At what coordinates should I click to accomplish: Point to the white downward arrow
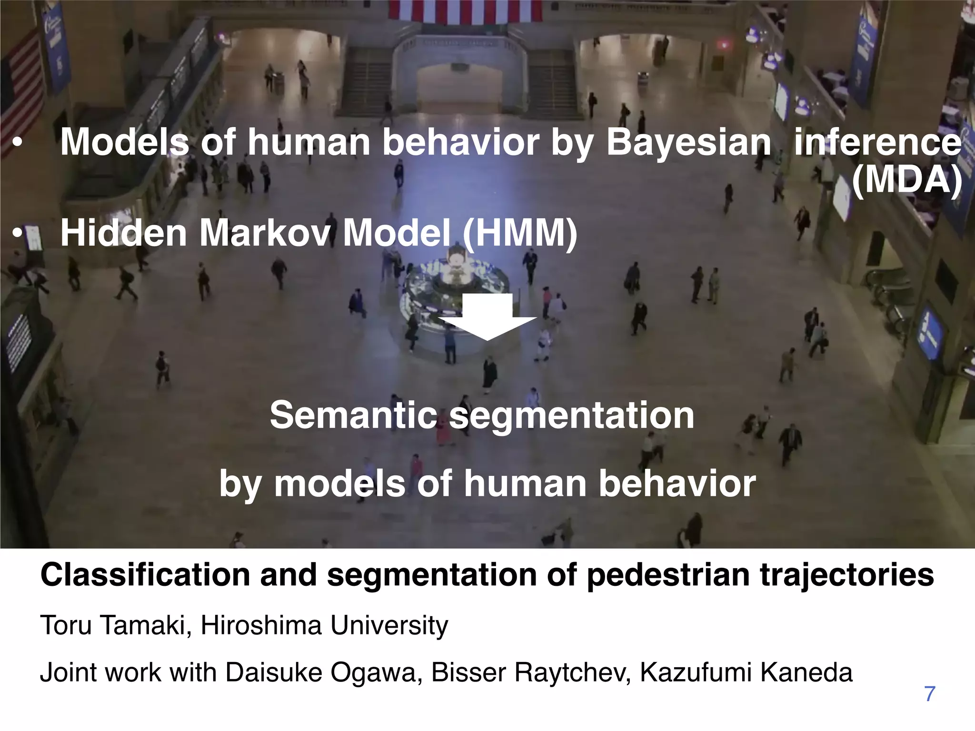487,316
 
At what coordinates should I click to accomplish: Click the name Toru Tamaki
112,625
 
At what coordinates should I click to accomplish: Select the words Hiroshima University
324,625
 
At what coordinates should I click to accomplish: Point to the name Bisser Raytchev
531,672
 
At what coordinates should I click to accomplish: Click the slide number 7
929,694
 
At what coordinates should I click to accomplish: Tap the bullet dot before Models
18,143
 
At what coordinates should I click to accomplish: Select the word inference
877,142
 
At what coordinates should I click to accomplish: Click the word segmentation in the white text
571,415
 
